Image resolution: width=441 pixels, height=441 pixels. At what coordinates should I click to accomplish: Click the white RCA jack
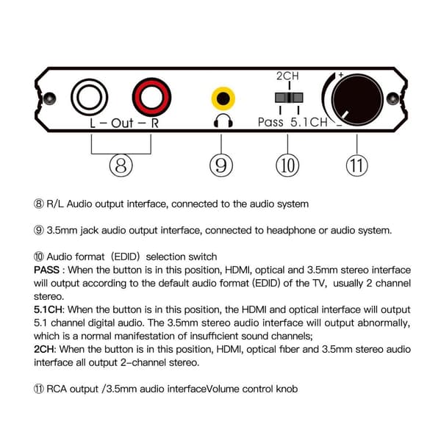click(x=89, y=97)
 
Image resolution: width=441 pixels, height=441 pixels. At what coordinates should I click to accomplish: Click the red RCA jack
click(x=151, y=97)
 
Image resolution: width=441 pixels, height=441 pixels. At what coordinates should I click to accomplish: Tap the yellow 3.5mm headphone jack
click(x=223, y=98)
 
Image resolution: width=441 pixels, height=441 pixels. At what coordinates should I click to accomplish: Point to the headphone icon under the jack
click(x=223, y=121)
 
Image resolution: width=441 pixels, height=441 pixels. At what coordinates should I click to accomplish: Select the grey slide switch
click(x=289, y=98)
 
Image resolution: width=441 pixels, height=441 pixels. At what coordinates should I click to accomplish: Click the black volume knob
click(x=357, y=99)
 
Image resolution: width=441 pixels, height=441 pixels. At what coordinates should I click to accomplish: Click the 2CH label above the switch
click(x=287, y=76)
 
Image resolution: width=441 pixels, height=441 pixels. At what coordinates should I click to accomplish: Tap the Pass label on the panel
click(x=270, y=122)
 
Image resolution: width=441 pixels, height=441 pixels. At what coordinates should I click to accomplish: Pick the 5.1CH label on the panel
click(x=309, y=122)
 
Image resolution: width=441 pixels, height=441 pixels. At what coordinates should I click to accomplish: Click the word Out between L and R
click(x=122, y=123)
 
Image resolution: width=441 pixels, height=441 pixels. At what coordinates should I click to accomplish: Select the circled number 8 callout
click(x=121, y=165)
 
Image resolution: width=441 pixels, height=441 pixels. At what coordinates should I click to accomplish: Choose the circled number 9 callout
click(x=221, y=165)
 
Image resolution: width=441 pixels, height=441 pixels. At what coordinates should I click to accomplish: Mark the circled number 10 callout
click(x=287, y=165)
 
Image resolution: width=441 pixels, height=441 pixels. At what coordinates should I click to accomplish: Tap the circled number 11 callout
click(x=357, y=165)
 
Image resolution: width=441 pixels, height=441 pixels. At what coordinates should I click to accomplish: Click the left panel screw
click(x=50, y=98)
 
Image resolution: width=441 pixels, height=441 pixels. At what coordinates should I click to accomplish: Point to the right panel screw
click(x=392, y=98)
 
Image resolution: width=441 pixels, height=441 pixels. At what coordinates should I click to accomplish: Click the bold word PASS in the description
click(x=47, y=270)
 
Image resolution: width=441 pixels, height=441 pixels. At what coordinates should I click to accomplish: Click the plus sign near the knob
click(x=341, y=75)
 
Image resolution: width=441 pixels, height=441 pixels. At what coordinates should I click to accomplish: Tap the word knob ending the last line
click(x=287, y=389)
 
